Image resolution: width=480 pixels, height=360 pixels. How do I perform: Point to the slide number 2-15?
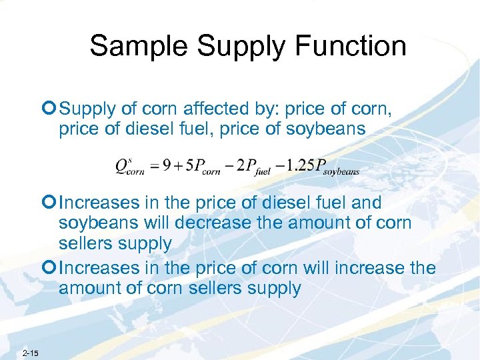click(x=30, y=352)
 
